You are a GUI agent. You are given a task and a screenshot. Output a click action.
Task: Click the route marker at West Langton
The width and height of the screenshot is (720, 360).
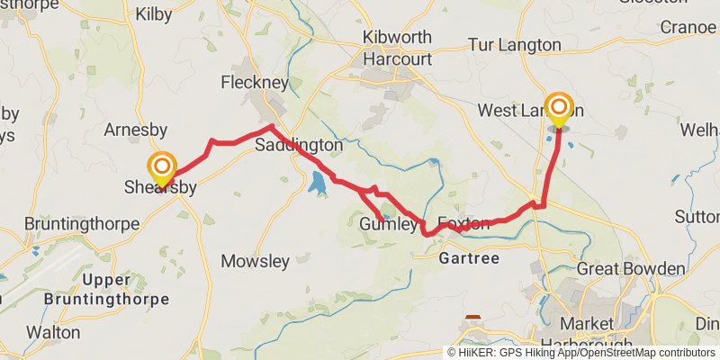[559, 108]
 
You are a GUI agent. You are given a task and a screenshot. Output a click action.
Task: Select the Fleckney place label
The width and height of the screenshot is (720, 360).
[255, 83]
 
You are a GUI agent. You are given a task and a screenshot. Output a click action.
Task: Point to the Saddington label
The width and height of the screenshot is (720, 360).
[299, 145]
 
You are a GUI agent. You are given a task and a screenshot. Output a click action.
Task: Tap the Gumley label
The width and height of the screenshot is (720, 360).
[389, 224]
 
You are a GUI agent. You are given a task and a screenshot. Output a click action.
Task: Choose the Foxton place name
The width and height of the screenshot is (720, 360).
[463, 223]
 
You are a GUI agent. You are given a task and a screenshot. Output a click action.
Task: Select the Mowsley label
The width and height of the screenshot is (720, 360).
[256, 262]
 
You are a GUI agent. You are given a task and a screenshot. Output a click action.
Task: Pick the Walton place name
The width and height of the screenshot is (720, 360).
[53, 332]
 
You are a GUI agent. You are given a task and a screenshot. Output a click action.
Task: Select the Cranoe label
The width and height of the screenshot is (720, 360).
[688, 27]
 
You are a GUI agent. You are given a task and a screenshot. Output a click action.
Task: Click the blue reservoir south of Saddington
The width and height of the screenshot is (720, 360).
[317, 184]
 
